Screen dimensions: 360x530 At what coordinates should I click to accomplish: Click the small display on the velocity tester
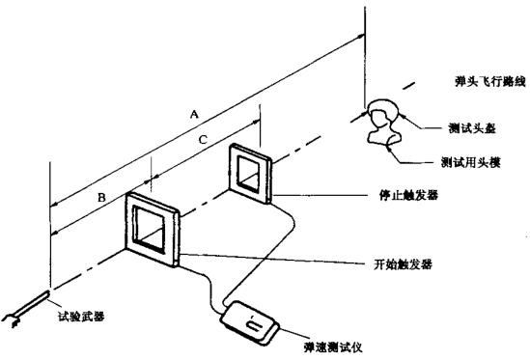[256, 325]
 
